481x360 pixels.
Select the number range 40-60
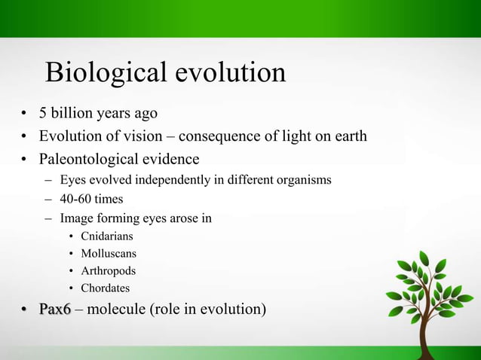click(x=75, y=200)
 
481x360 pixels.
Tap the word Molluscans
click(x=109, y=254)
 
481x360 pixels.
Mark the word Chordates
click(x=105, y=288)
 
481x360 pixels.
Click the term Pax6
click(x=55, y=310)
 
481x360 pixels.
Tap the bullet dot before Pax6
click(x=24, y=310)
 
